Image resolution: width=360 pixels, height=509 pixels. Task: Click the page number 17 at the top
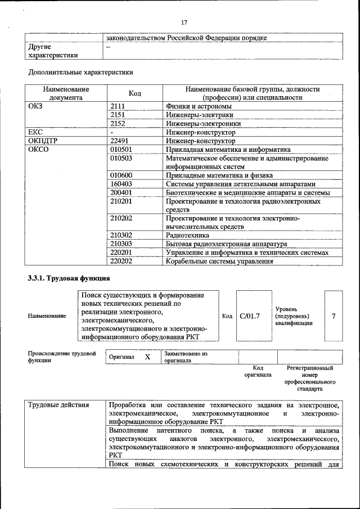(x=183, y=22)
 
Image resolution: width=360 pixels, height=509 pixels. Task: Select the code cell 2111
(x=118, y=105)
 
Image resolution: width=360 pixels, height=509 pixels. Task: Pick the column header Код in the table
(x=135, y=93)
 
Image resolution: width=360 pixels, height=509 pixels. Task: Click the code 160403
(x=121, y=184)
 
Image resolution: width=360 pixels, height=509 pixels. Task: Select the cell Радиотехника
(x=187, y=235)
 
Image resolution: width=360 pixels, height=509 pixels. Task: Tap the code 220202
(x=121, y=261)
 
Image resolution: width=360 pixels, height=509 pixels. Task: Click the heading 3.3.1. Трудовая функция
(x=69, y=278)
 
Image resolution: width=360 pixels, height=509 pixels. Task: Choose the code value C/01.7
(x=250, y=316)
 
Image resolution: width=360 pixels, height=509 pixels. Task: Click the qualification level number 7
(x=334, y=316)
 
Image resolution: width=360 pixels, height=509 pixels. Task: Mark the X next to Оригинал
(x=147, y=357)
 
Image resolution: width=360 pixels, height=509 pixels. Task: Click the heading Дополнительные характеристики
(x=80, y=72)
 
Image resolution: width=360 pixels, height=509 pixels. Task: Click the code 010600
(x=121, y=175)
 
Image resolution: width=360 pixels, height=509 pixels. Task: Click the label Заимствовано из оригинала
(x=186, y=357)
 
